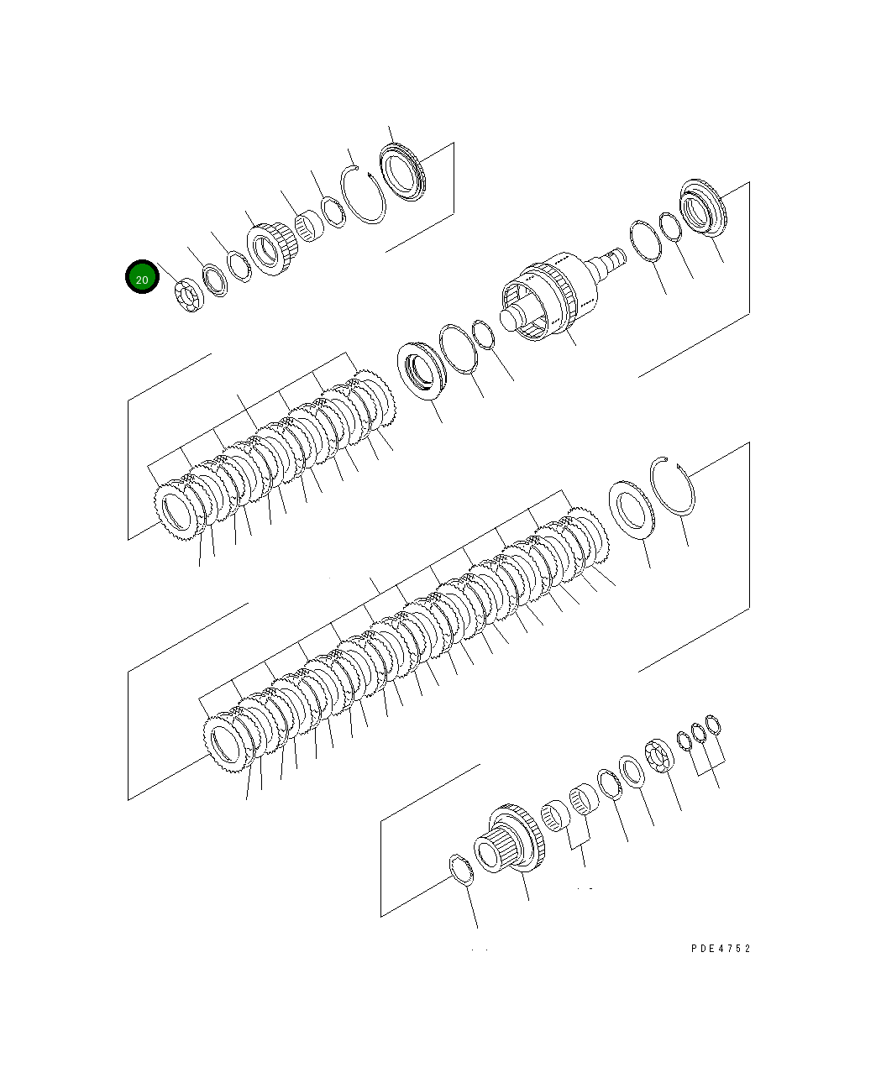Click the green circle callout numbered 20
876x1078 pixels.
click(142, 277)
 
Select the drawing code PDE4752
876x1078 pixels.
click(720, 949)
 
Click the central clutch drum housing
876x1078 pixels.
click(544, 303)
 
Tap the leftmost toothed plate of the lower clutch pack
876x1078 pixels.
click(228, 743)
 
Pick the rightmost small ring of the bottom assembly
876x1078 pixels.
click(713, 725)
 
